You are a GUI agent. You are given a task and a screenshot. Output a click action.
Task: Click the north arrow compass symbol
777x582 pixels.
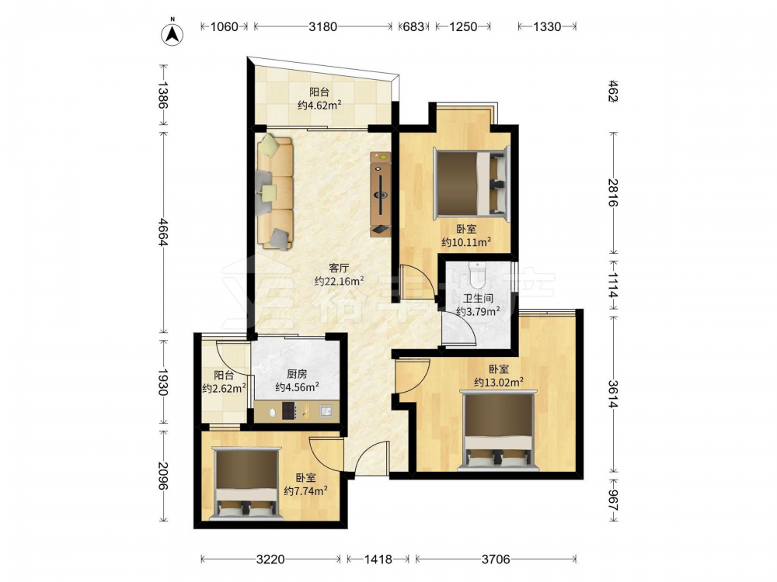pyautogui.click(x=172, y=33)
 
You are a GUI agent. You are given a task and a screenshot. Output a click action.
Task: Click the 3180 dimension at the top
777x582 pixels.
pyautogui.click(x=323, y=26)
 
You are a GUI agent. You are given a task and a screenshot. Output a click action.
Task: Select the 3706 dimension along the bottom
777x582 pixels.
pyautogui.click(x=496, y=559)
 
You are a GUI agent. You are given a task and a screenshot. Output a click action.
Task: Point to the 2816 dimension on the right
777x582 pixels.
pyautogui.click(x=613, y=192)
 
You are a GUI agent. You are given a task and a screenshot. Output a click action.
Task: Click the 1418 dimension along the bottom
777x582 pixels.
pyautogui.click(x=378, y=559)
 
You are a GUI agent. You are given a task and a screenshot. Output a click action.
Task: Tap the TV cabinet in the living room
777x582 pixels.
pyautogui.click(x=381, y=194)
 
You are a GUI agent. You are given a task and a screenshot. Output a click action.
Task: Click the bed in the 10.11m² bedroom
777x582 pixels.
pyautogui.click(x=471, y=182)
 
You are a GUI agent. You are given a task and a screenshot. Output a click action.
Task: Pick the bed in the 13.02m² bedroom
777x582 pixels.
pyautogui.click(x=499, y=430)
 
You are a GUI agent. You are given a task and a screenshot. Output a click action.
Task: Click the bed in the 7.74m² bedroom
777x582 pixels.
pyautogui.click(x=246, y=483)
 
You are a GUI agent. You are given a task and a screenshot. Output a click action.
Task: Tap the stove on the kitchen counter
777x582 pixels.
pyautogui.click(x=288, y=411)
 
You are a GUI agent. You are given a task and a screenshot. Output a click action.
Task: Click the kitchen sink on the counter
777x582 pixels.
pyautogui.click(x=326, y=411)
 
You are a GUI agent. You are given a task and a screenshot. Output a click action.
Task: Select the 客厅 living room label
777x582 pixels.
pyautogui.click(x=339, y=268)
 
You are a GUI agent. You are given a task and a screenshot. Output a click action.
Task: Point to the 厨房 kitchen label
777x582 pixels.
pyautogui.click(x=297, y=374)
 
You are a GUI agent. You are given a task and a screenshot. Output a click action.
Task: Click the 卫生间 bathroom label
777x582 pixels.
pyautogui.click(x=478, y=299)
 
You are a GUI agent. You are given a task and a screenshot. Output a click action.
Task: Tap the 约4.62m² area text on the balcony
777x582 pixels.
pyautogui.click(x=319, y=105)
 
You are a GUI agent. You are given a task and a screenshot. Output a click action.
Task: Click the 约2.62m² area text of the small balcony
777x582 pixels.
pyautogui.click(x=224, y=389)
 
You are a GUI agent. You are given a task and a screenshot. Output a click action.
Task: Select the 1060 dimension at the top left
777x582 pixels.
pyautogui.click(x=225, y=26)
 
